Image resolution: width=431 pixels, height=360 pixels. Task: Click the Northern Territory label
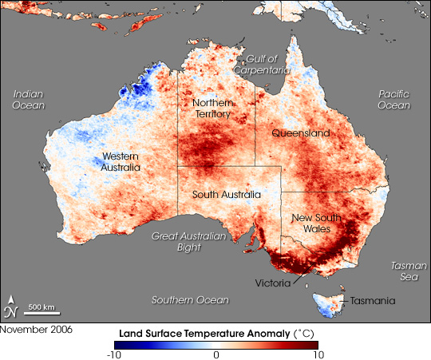tap(212, 109)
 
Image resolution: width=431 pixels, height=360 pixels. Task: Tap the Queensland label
tap(300, 133)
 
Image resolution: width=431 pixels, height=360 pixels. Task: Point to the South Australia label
tap(227, 194)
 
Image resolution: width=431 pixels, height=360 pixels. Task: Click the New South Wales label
tap(318, 223)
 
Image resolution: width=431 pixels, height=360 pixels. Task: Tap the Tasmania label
tap(369, 300)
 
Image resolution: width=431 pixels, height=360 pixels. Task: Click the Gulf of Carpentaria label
tap(261, 65)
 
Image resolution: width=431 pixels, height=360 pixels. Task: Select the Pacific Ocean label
tap(393, 99)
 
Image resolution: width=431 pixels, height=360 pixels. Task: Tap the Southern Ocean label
tap(190, 299)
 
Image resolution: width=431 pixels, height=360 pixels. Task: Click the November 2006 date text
tap(31, 328)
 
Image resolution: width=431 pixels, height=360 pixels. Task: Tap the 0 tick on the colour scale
tap(215, 355)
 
